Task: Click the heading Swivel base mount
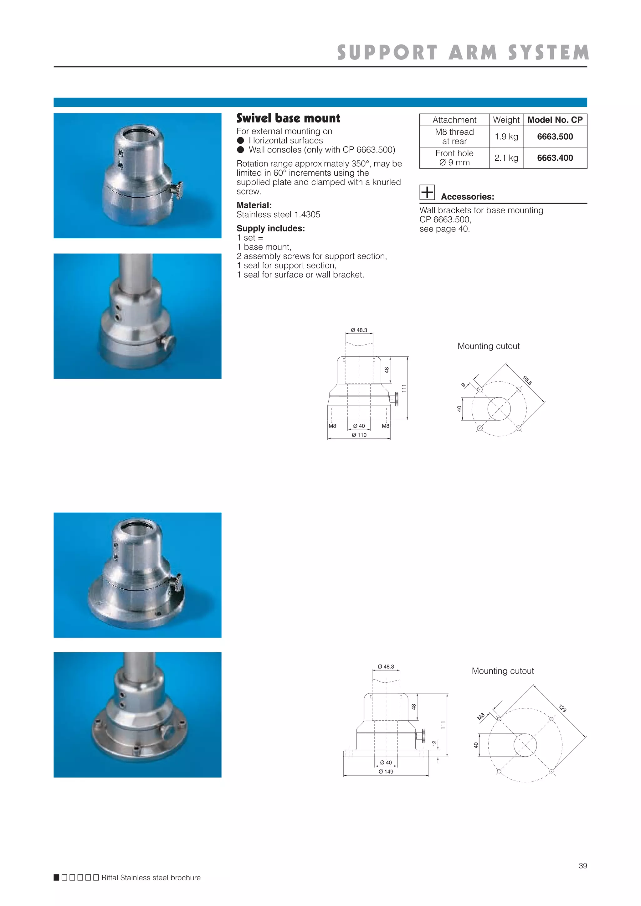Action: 288,118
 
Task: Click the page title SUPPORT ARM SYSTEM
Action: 463,53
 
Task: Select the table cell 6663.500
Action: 555,137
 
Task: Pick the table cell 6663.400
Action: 555,158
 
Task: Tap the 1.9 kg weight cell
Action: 506,137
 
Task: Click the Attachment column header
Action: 454,120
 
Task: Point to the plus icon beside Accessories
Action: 427,192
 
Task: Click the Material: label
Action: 254,205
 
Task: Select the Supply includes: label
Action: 271,228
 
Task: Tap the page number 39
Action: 582,865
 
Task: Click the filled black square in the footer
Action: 56,878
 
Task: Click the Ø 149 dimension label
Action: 386,771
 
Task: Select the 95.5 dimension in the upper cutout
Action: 527,380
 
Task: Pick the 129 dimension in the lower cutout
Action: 562,708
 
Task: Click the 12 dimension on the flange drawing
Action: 434,743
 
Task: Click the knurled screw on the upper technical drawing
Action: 395,399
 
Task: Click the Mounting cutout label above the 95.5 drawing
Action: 488,346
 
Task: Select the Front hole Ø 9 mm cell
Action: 454,158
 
